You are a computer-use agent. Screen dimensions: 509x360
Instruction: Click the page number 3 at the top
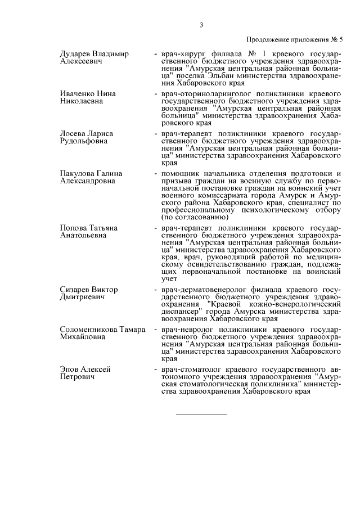201,24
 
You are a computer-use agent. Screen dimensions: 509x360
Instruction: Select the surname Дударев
75,54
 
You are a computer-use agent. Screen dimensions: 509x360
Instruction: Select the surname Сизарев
75,289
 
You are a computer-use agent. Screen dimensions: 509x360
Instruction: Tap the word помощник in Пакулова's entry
181,173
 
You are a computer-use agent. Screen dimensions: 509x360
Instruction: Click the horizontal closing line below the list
201,415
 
